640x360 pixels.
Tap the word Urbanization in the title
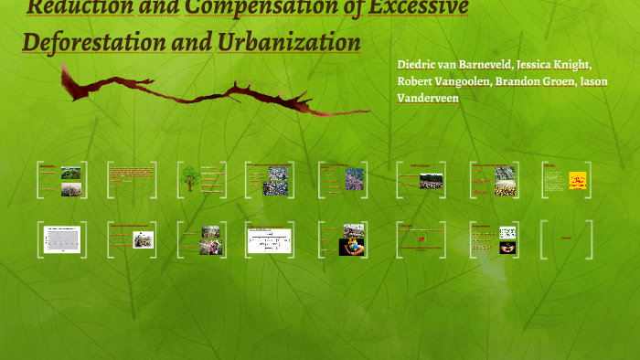tap(289, 43)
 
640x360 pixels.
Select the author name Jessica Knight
tap(554, 65)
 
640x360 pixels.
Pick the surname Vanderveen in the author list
tap(428, 97)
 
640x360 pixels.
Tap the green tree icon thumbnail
tap(190, 178)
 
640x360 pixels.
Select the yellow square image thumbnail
tap(576, 180)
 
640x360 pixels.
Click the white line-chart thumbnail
tap(62, 239)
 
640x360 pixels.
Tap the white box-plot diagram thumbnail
tap(270, 240)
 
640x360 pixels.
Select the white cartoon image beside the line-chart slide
tap(143, 239)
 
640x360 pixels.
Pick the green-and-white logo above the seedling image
tap(507, 232)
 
